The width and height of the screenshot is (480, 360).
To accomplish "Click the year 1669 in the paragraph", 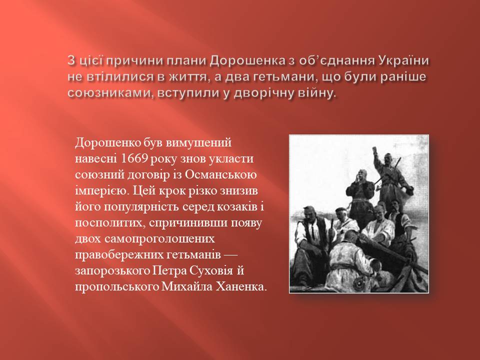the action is click(135, 159).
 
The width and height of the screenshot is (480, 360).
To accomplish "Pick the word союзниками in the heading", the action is click(110, 93).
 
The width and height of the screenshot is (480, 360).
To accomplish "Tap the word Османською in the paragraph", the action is click(220, 175).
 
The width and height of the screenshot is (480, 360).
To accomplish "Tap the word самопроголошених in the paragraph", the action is click(160, 239).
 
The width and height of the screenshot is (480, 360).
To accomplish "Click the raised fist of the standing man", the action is click(374, 149).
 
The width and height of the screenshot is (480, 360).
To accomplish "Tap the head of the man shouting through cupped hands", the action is click(361, 176).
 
